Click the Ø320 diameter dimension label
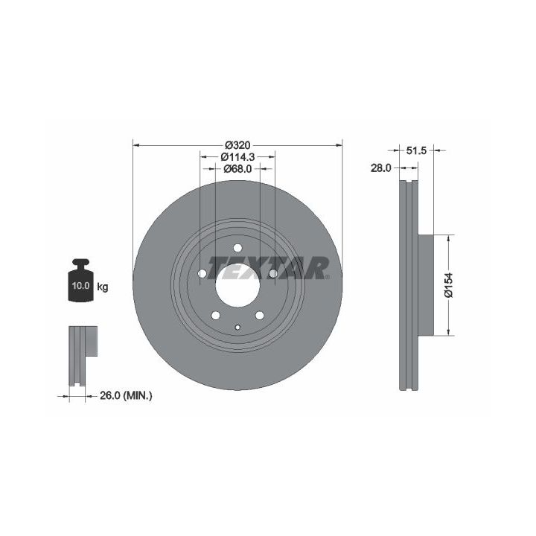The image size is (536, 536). click(x=237, y=145)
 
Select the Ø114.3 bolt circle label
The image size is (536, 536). click(x=237, y=157)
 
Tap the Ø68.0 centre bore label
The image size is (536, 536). click(x=237, y=168)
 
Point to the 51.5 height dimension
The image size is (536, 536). click(x=417, y=150)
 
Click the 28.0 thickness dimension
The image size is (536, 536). click(x=381, y=167)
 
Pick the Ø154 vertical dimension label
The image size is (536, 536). click(x=448, y=284)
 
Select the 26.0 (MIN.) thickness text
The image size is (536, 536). click(x=126, y=396)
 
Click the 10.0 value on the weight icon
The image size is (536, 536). click(x=80, y=285)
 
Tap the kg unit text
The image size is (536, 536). click(x=103, y=287)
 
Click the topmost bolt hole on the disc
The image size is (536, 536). click(x=237, y=248)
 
